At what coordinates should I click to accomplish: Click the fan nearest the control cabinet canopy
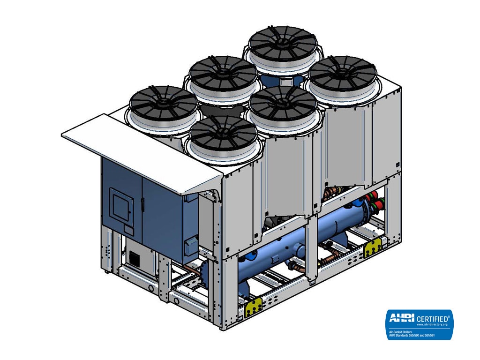(164, 104)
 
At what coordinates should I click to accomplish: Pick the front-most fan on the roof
(223, 133)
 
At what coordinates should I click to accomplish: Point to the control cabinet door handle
(142, 204)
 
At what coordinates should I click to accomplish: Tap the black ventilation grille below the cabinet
(135, 258)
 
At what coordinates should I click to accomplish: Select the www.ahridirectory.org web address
(435, 324)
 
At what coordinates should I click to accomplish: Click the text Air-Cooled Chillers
(400, 332)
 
